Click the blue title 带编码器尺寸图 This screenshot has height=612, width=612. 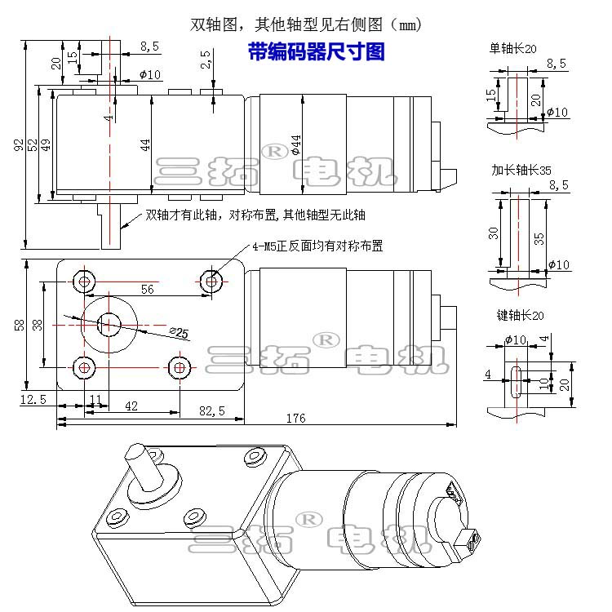click(x=316, y=53)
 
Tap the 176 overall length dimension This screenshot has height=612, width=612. click(x=295, y=418)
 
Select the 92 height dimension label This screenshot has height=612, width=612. click(x=18, y=144)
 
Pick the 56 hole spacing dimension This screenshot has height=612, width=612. click(x=148, y=288)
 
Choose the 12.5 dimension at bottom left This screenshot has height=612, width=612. click(x=32, y=398)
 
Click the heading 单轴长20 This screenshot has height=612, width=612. click(x=512, y=49)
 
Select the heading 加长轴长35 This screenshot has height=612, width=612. click(x=521, y=170)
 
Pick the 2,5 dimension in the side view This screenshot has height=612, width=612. click(x=205, y=59)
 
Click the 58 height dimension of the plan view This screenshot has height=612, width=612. click(x=19, y=324)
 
